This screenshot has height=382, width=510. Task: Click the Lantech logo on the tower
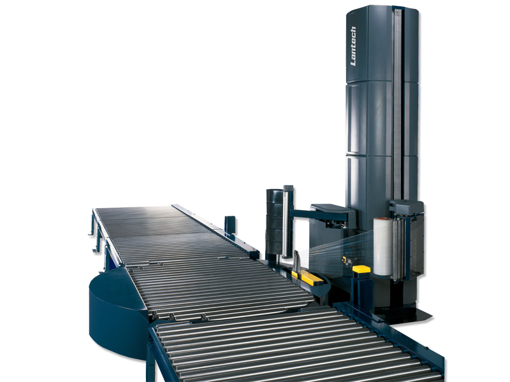pos(354,46)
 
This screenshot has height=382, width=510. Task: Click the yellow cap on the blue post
pos(361,269)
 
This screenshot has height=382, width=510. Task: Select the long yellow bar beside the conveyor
pos(308,277)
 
